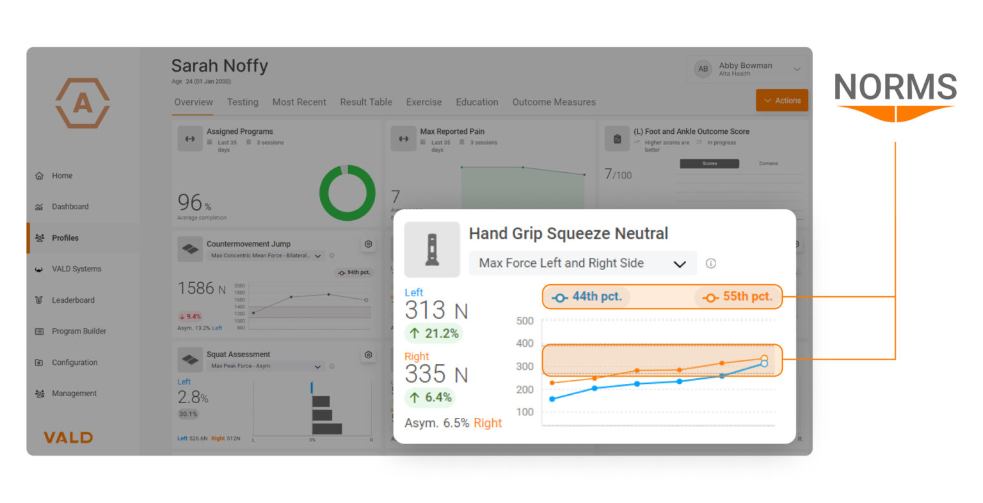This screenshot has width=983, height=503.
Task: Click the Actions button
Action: click(782, 100)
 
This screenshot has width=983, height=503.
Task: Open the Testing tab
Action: click(243, 102)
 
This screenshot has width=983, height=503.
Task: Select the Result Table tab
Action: click(366, 102)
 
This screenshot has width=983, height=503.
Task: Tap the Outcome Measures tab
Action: click(554, 102)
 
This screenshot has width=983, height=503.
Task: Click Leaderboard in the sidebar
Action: click(73, 300)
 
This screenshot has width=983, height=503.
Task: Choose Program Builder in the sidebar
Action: click(79, 331)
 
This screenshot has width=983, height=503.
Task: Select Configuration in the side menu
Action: click(74, 362)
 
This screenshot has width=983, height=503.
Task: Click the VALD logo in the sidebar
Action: click(68, 438)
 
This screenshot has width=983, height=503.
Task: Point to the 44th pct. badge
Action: click(587, 297)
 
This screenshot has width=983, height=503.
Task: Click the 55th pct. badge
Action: click(738, 297)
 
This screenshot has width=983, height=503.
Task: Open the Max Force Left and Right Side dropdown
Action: click(582, 263)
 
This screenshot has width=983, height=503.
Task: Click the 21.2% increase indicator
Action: click(434, 333)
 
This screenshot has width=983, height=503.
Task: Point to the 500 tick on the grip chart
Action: click(525, 321)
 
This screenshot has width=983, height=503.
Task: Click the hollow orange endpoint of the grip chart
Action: click(764, 359)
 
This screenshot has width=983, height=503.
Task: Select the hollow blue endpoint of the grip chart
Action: click(764, 364)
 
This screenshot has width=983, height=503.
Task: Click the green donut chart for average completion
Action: click(347, 193)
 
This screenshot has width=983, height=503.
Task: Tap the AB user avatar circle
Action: click(703, 69)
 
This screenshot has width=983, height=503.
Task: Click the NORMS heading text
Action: click(895, 87)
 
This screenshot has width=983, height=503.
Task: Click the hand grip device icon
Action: click(432, 250)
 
